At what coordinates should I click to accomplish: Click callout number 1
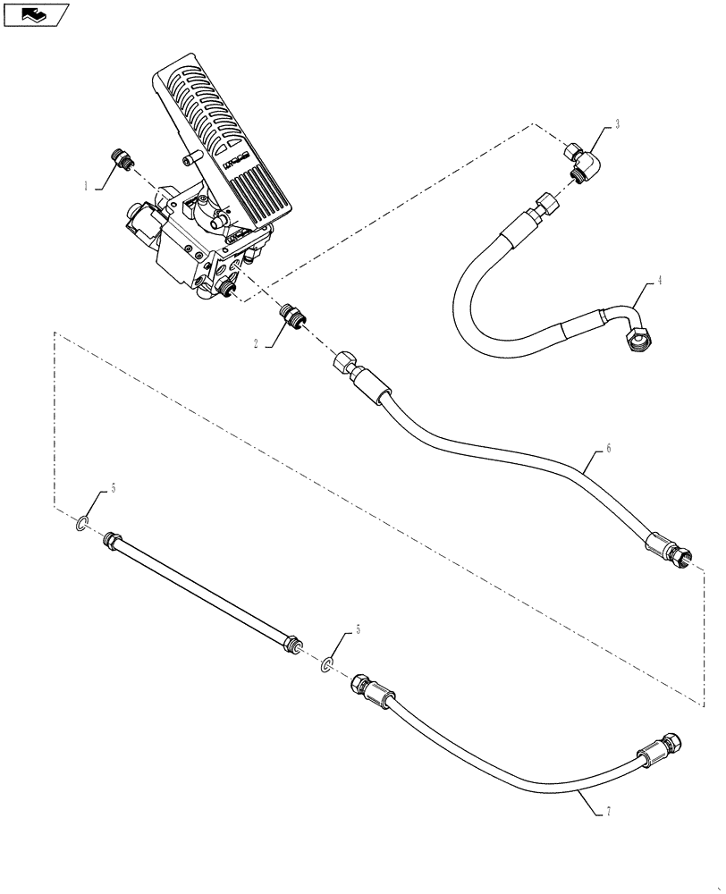[x=86, y=187]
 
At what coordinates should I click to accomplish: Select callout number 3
[x=617, y=122]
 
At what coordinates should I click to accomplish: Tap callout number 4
[x=659, y=281]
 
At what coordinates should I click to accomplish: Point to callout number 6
[x=608, y=449]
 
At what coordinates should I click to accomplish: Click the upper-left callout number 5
[x=114, y=489]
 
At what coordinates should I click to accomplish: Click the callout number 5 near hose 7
[x=359, y=630]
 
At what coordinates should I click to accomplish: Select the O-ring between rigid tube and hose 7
[x=328, y=663]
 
